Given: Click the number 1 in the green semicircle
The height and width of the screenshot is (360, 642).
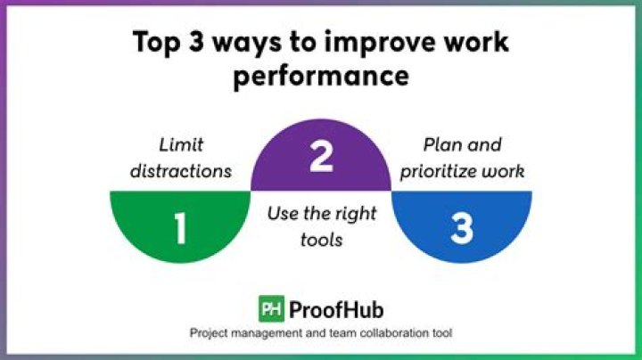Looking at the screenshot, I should point(180,229).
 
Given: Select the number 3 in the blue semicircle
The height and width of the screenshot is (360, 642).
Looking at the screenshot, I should point(461,229).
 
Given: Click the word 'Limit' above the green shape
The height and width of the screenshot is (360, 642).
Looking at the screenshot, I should point(182,145).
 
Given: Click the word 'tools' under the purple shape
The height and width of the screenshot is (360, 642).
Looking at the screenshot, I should point(321,240).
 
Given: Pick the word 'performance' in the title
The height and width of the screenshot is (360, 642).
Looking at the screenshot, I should point(321,76).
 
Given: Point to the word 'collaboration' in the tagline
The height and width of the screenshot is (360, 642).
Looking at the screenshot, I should point(388,332).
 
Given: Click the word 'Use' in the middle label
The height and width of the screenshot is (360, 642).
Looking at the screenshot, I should point(280,215).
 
